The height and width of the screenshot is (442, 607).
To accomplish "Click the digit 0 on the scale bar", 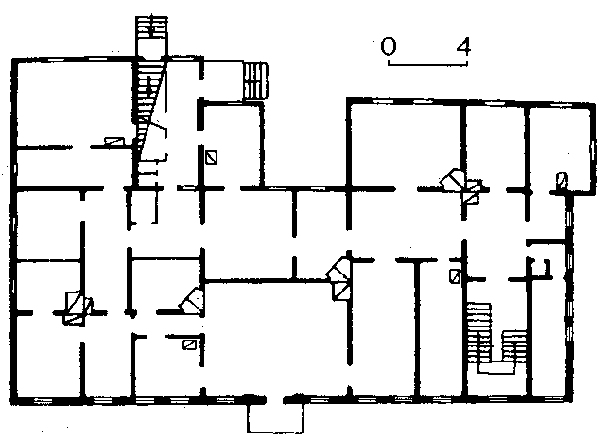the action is (x=389, y=46).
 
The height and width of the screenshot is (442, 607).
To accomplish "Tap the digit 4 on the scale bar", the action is (x=463, y=46).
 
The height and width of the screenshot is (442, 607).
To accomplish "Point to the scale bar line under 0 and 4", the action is (x=427, y=64).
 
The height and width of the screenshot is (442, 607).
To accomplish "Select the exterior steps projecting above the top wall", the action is (x=151, y=36).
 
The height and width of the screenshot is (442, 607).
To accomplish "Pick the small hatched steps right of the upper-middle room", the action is (x=255, y=81).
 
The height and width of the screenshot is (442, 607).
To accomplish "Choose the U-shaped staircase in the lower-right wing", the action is (x=496, y=338).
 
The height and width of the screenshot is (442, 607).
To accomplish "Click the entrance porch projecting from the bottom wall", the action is (x=276, y=418).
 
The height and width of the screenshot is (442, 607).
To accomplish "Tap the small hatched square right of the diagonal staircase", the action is (x=211, y=157).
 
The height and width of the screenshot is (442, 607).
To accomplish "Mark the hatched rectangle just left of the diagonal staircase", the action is (x=114, y=142).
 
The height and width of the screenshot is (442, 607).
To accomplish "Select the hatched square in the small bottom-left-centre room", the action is (x=189, y=345).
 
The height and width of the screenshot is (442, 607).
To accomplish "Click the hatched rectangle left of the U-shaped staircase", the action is (x=455, y=276).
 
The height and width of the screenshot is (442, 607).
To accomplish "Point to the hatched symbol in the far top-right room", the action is (x=562, y=180).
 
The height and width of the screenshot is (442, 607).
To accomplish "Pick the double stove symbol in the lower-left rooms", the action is (x=78, y=308).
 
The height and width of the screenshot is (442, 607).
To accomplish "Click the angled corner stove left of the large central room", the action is (x=192, y=301).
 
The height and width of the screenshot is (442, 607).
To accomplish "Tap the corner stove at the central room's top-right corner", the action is (x=339, y=277).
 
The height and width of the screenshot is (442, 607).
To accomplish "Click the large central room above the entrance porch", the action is (x=276, y=337).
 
